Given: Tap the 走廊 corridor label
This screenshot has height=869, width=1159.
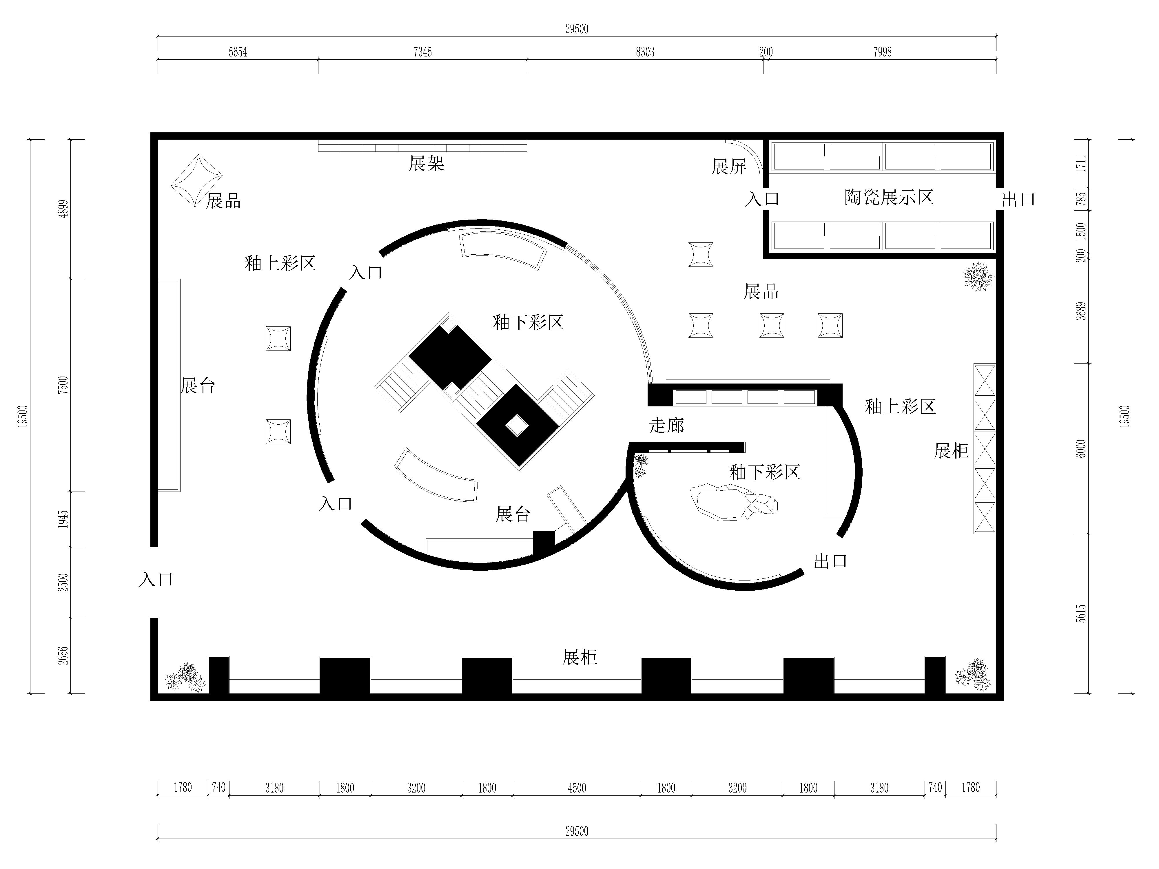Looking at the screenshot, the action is coord(666,425).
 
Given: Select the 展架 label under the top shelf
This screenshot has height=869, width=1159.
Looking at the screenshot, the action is coord(427,163).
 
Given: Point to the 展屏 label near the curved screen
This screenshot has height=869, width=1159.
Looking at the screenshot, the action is coord(729,167).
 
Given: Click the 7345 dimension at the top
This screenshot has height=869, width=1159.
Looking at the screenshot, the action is coord(422,52).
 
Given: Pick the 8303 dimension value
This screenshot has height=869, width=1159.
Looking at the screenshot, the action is coord(645,52).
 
